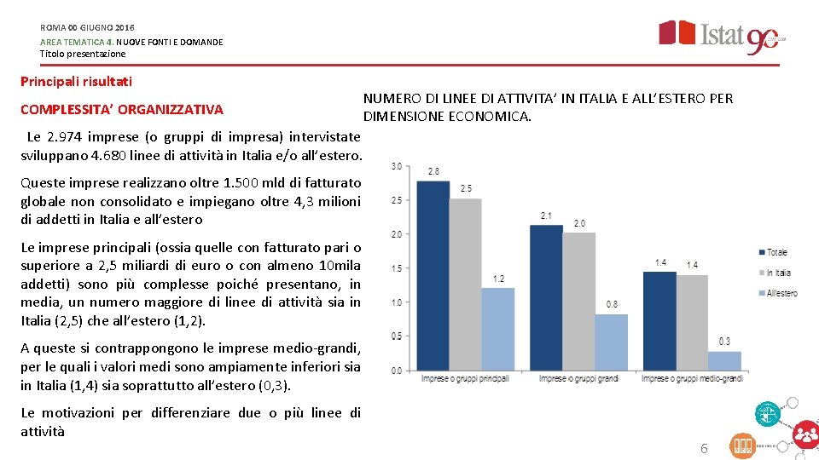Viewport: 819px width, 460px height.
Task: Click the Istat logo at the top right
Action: pos(721,37)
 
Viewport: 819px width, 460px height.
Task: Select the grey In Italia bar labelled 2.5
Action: pos(465,285)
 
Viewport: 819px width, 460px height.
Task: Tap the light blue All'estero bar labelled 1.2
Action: pos(498,329)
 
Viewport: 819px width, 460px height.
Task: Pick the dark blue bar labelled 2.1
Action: pos(546,297)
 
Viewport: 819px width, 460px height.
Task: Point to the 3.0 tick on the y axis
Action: pos(397,166)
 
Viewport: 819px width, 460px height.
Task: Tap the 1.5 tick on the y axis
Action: pos(397,268)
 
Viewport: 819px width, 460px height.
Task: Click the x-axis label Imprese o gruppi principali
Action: pos(465,378)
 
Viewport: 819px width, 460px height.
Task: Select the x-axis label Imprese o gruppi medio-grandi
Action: pos(692,378)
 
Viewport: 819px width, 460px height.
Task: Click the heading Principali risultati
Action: pos(76,82)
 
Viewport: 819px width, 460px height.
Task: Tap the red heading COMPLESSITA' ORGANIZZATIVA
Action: pos(121,109)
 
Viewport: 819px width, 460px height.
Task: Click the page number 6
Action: pos(704,448)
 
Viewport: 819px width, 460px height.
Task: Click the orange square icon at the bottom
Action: pos(743,446)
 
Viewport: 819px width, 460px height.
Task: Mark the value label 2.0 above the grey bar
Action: pos(579,223)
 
